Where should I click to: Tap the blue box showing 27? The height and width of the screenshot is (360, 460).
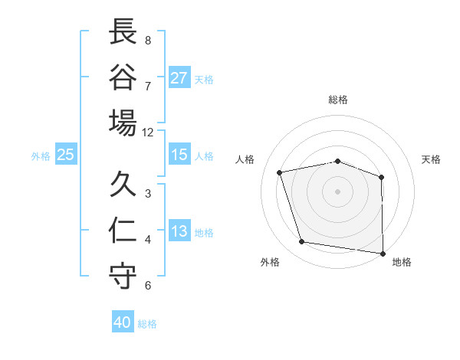179,78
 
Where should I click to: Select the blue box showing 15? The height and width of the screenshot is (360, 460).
179,155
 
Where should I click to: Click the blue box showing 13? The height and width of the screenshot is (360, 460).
179,231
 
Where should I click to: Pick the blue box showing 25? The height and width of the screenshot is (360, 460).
66,155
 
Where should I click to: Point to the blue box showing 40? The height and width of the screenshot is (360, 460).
123,322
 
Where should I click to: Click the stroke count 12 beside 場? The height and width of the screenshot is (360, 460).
148,132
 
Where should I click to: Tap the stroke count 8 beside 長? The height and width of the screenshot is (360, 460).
148,40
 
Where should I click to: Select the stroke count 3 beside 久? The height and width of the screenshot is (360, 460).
148,193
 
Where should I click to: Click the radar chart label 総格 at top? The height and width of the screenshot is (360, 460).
338,100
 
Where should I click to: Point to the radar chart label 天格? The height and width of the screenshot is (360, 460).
432,159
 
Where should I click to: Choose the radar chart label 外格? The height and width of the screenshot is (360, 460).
270,262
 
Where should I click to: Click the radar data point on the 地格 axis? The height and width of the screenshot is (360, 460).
383,253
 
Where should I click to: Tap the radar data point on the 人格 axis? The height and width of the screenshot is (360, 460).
280,172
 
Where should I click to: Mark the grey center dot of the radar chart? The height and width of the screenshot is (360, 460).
338,191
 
